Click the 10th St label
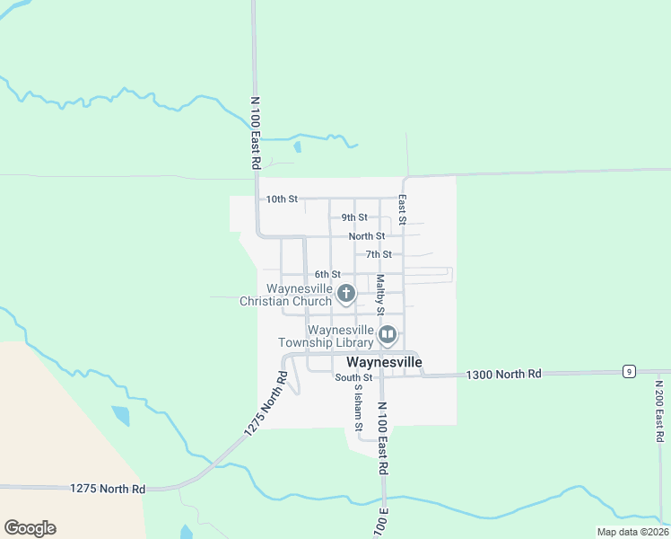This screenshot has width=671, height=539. coord(282,199)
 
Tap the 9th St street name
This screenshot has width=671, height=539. coord(354,217)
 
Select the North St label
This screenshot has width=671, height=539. coord(367,236)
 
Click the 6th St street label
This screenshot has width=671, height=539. coord(327,274)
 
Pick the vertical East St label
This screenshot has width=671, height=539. coord(403,210)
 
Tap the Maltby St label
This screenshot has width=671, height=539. coord(380,294)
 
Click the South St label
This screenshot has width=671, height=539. coord(353,378)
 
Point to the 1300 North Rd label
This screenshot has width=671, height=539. coord(504,373)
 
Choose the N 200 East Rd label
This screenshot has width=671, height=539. coord(659,411)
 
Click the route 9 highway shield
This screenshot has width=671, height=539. coord(631,371)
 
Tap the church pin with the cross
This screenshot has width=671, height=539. coord(345,294)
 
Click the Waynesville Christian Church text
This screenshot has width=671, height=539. coord(285,296)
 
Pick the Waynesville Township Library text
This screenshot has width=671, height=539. coord(325,337)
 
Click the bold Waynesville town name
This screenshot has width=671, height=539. coord(384,362)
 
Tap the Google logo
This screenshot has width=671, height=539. coord(30,528)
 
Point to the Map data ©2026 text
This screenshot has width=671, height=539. coord(632,532)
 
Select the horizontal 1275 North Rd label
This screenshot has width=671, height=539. coord(108,489)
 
